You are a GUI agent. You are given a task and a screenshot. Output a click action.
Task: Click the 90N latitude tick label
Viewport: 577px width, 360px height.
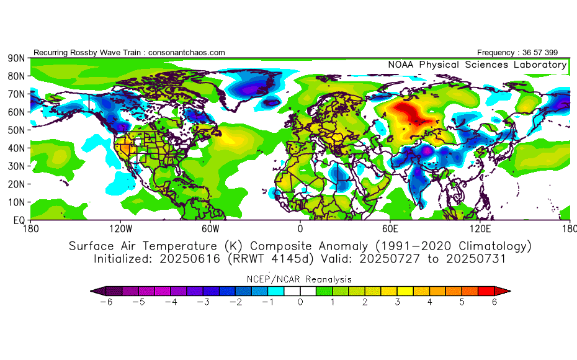[16, 58]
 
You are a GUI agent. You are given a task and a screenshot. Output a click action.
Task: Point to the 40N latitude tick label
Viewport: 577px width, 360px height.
[16, 148]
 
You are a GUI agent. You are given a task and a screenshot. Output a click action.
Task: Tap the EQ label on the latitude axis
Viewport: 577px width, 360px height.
[19, 220]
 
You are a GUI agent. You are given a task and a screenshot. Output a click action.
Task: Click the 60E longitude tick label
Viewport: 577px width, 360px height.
[390, 228]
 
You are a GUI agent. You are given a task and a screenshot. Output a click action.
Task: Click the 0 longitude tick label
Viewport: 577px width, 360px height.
[300, 228]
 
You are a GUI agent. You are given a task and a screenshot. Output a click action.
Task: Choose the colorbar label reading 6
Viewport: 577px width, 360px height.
[495, 302]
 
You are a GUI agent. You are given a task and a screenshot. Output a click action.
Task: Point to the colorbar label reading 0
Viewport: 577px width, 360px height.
[300, 302]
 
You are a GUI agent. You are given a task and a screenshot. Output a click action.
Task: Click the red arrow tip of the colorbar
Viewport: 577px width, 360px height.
[506, 290]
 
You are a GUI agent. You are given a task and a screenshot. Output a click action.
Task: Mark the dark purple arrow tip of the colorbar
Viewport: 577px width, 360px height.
[95, 290]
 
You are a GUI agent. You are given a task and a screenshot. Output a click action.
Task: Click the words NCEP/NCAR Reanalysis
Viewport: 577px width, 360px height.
[301, 279]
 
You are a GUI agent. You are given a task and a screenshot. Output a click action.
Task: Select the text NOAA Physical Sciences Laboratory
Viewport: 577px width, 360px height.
[477, 65]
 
